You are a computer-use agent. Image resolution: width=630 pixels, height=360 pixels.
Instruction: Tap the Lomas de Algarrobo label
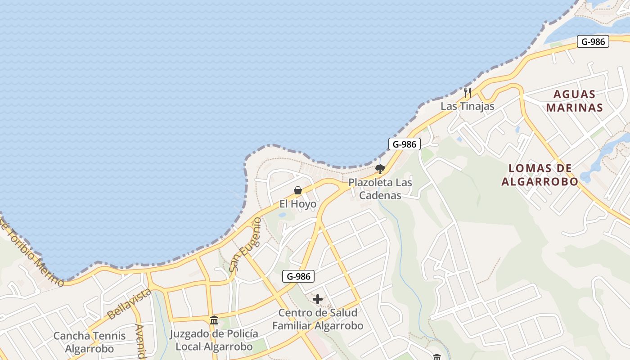point(540,175)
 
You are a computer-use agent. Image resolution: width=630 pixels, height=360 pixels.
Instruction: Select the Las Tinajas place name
point(467,107)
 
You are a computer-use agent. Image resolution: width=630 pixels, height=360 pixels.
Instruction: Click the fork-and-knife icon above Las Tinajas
point(468,93)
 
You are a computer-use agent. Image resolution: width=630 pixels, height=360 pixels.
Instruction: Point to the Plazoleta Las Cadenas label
point(380,189)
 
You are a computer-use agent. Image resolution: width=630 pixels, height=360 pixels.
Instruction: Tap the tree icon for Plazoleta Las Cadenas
point(380,169)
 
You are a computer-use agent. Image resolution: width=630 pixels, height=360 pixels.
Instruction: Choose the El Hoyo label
point(297,204)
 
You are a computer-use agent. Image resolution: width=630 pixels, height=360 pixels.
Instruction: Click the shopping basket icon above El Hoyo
point(297,190)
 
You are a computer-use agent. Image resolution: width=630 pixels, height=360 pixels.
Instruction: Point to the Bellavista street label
point(129,304)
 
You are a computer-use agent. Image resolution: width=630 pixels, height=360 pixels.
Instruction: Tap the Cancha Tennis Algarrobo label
point(90,342)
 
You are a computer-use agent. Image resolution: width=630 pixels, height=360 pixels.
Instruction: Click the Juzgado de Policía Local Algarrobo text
point(214,340)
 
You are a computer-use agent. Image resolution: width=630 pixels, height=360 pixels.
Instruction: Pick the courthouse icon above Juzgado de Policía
point(214,320)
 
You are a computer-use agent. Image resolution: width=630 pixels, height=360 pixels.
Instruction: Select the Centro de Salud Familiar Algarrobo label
point(318,319)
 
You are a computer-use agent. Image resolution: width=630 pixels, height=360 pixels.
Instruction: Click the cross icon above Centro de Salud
point(318,299)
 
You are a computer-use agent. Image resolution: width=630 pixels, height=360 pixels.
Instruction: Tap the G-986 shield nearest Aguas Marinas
point(593,42)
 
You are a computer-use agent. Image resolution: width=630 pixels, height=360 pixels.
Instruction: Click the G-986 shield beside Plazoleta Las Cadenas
point(404,144)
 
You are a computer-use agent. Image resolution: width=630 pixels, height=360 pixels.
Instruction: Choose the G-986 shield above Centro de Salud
point(298,276)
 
